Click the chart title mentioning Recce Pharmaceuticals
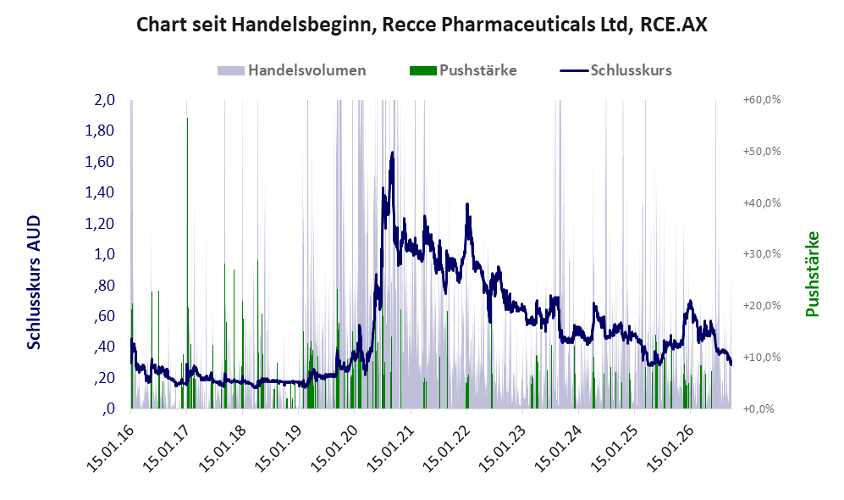pyautogui.click(x=422, y=25)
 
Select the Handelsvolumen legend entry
pyautogui.click(x=292, y=70)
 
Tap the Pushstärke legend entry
pyautogui.click(x=463, y=70)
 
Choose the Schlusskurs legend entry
pyautogui.click(x=615, y=70)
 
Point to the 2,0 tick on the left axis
pyautogui.click(x=104, y=100)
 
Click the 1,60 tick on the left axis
pyautogui.click(x=100, y=162)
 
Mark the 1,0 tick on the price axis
pyautogui.click(x=104, y=254)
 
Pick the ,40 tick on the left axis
pyautogui.click(x=104, y=347)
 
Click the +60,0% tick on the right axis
pyautogui.click(x=762, y=100)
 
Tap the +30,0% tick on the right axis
pyautogui.click(x=762, y=253)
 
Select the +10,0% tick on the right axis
pyautogui.click(x=762, y=357)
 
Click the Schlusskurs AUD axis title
pyautogui.click(x=34, y=282)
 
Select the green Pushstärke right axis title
pyautogui.click(x=812, y=275)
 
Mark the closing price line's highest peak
pyautogui.click(x=392, y=153)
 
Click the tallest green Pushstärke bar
pyautogui.click(x=187, y=263)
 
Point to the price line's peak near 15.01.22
pyautogui.click(x=467, y=204)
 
